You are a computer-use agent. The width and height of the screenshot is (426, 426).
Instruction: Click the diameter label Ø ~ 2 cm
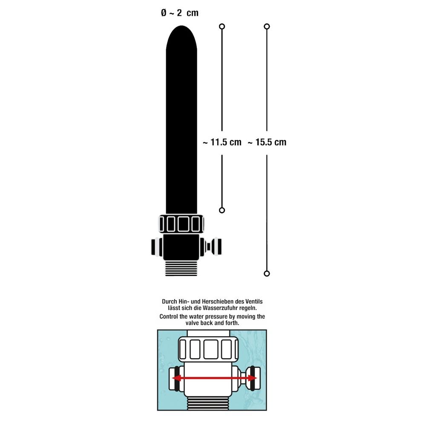(180, 13)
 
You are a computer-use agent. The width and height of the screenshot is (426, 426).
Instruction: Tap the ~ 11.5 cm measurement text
(222, 142)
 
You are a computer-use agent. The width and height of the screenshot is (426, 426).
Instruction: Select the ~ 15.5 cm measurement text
(267, 142)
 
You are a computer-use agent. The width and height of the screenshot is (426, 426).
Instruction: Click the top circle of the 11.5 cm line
(222, 26)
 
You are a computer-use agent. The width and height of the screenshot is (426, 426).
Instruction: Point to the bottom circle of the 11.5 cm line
(222, 210)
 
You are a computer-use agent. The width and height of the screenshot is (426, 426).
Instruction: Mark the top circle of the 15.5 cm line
(267, 26)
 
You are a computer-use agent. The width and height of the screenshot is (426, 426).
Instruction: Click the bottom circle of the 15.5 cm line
(267, 273)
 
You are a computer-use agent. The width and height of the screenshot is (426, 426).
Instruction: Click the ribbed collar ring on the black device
(181, 224)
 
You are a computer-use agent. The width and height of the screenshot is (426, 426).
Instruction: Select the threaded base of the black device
(181, 269)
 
